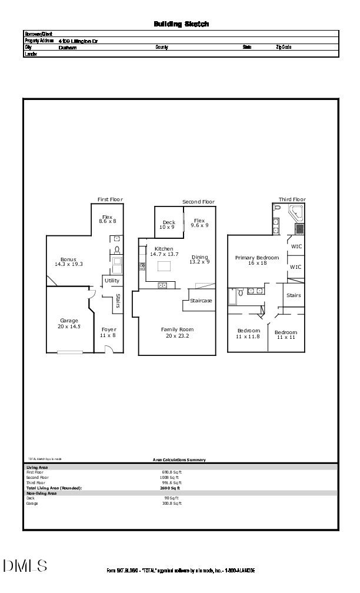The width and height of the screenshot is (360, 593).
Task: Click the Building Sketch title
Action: pyautogui.click(x=181, y=24)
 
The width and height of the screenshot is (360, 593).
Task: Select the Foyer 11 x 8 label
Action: pyautogui.click(x=109, y=332)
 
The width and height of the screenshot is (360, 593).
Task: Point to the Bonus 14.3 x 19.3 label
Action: pyautogui.click(x=69, y=262)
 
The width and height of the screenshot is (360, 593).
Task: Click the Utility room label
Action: pyautogui.click(x=112, y=281)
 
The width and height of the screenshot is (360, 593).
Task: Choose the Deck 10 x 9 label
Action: pyautogui.click(x=169, y=224)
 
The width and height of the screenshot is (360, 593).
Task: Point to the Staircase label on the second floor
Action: pyautogui.click(x=201, y=301)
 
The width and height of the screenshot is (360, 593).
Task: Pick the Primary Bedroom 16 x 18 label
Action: pyautogui.click(x=259, y=260)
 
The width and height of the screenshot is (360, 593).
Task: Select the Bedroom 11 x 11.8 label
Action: pyautogui.click(x=248, y=334)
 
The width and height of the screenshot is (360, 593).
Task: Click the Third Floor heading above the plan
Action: pyautogui.click(x=292, y=199)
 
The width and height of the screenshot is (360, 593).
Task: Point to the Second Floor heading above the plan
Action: pyautogui.click(x=198, y=202)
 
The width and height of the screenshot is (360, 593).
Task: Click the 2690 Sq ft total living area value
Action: pyautogui.click(x=170, y=488)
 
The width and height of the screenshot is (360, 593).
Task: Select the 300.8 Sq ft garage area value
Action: pyautogui.click(x=172, y=504)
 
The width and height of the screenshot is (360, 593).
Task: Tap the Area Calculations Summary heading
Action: pyautogui.click(x=179, y=460)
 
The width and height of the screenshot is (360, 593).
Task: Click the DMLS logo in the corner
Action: pyautogui.click(x=25, y=566)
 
